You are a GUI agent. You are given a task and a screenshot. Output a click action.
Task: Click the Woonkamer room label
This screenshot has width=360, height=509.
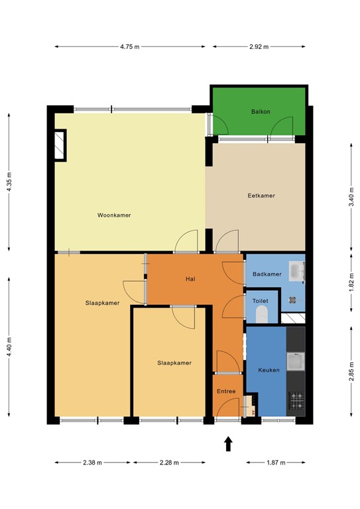pos(113,215)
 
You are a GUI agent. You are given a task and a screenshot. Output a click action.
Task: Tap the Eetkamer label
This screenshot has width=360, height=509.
pos(261,196)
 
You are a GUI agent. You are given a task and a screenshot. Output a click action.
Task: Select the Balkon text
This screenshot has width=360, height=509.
pos(261,112)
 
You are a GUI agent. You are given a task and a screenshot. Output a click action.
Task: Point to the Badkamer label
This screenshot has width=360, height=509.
pos(267,274)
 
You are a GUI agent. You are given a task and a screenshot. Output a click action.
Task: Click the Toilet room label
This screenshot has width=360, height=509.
pos(261,301)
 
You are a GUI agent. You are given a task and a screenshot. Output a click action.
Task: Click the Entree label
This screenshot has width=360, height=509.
pos(226,392)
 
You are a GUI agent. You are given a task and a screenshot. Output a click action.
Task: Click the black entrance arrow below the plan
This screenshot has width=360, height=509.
pos(228,444)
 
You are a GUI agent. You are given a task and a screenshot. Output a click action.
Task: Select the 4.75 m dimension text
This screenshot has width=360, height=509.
pos(130,47)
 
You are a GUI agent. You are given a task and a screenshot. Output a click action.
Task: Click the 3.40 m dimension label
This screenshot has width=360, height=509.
pos(351,196)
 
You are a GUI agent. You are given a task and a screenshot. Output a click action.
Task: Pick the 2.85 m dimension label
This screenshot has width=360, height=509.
pos(351,371)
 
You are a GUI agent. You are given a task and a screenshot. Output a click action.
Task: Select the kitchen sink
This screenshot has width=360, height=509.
pos(296,363)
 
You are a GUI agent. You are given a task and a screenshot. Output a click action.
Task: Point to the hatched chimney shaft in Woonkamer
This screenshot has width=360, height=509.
pos(60,144)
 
